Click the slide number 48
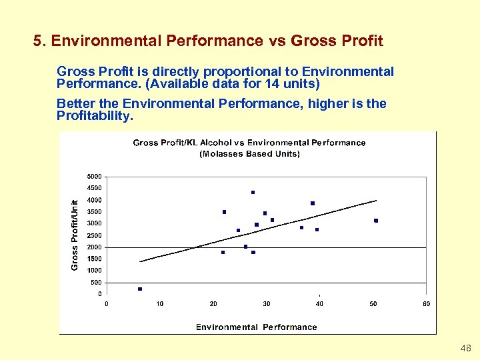[466, 349]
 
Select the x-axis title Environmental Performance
[256, 327]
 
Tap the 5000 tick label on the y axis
[95, 177]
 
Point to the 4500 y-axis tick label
[95, 188]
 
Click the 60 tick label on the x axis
[426, 304]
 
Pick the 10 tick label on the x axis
[160, 304]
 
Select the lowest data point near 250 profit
[140, 289]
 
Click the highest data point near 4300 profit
[253, 192]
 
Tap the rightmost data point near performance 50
[376, 221]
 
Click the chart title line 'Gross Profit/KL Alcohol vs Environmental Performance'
[249, 143]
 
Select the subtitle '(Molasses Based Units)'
[249, 154]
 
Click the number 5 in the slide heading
[37, 41]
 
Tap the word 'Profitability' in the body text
[94, 116]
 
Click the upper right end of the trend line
[377, 200]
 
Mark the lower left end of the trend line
[140, 261]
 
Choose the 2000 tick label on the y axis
[95, 247]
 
